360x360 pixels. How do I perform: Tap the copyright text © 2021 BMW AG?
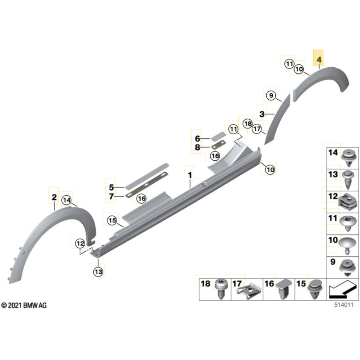click(24, 305)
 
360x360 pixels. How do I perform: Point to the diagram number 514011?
click(343, 305)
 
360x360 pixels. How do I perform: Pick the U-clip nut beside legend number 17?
click(249, 290)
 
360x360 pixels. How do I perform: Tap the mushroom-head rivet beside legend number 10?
click(348, 246)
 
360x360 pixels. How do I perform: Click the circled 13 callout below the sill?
click(98, 272)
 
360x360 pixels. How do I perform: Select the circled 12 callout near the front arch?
click(80, 243)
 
